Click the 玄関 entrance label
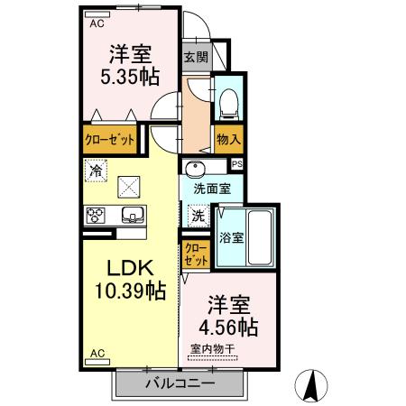pyautogui.click(x=195, y=56)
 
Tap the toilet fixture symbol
pyautogui.click(x=227, y=104)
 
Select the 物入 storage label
pyautogui.click(x=227, y=139)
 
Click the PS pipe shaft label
pyautogui.click(x=236, y=164)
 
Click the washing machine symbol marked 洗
pyautogui.click(x=198, y=217)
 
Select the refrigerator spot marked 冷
pyautogui.click(x=97, y=167)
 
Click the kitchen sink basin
pyautogui.click(x=132, y=215)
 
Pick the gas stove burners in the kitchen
pyautogui.click(x=97, y=215)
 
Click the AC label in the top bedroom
pyautogui.click(x=97, y=25)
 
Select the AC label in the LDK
pyautogui.click(x=97, y=354)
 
